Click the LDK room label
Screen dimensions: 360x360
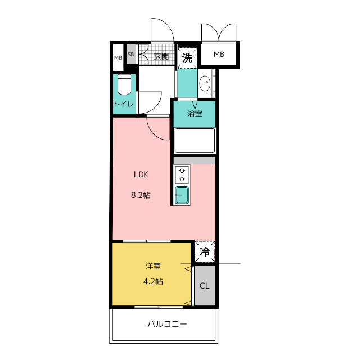pyautogui.click(x=141, y=174)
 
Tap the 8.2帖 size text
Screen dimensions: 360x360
pyautogui.click(x=141, y=195)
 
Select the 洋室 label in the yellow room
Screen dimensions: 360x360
pyautogui.click(x=153, y=266)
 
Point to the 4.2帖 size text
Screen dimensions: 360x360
pyautogui.click(x=153, y=281)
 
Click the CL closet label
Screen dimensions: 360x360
pyautogui.click(x=205, y=286)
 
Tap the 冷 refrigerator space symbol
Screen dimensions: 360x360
pyautogui.click(x=205, y=251)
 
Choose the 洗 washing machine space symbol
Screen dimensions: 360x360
pyautogui.click(x=187, y=58)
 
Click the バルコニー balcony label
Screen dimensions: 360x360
pyautogui.click(x=167, y=324)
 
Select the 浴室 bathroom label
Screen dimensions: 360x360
pyautogui.click(x=195, y=114)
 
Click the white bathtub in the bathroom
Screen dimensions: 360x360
pyautogui.click(x=195, y=141)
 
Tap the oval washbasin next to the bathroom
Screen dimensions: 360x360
pyautogui.click(x=205, y=83)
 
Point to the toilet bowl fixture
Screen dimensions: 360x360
pyautogui.click(x=124, y=84)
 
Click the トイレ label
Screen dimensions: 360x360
pyautogui.click(x=124, y=104)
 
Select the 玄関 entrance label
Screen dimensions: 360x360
pyautogui.click(x=161, y=56)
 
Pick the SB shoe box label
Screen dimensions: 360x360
pyautogui.click(x=131, y=55)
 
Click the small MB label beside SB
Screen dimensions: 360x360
pyautogui.click(x=118, y=58)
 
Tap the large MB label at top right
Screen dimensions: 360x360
pyautogui.click(x=219, y=55)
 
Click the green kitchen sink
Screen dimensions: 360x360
pyautogui.click(x=182, y=195)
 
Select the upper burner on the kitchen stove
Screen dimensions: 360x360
pyautogui.click(x=182, y=170)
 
